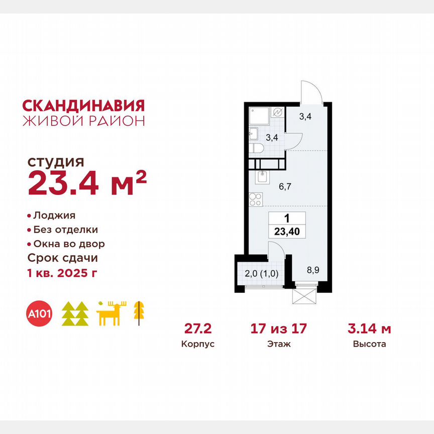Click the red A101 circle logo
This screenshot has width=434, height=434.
coord(40,314)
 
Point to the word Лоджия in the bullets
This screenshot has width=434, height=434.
coord(54,215)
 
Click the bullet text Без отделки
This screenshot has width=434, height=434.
coord(65,230)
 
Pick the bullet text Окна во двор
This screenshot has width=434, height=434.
coord(69,244)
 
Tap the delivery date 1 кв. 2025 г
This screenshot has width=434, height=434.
coord(62,273)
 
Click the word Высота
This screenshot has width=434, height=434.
coord(369,345)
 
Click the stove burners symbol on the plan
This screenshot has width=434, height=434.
coord(255,199)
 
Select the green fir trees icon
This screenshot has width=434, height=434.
coord(75,314)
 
